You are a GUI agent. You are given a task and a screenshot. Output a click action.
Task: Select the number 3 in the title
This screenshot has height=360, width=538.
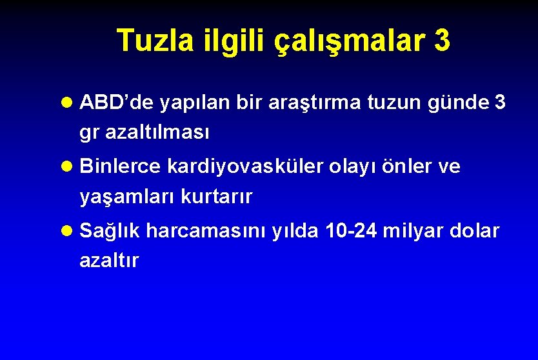442,41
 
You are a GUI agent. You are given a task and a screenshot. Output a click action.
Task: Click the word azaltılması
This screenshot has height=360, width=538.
144,133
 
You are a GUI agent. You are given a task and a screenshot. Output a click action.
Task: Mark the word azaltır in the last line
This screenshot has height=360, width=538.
109,261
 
